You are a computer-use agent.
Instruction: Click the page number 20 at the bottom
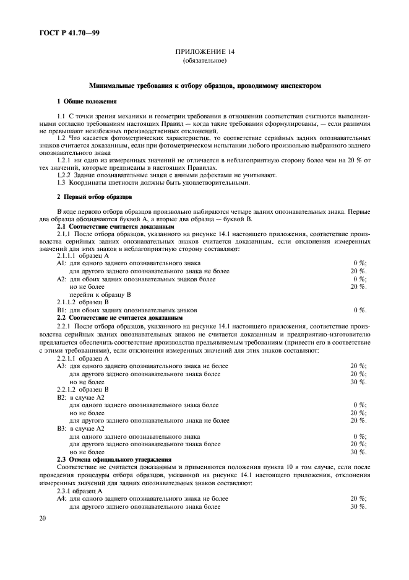point(43,519)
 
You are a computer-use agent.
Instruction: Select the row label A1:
point(61,263)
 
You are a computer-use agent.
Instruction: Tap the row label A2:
point(61,279)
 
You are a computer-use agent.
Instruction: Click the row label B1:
point(61,310)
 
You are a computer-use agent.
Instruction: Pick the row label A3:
point(61,366)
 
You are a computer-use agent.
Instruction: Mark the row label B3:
point(61,428)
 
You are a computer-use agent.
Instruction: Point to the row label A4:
point(61,498)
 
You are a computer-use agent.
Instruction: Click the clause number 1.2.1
point(66,159)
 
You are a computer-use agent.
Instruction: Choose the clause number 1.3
point(61,182)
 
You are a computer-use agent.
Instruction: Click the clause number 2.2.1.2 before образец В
point(69,389)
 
